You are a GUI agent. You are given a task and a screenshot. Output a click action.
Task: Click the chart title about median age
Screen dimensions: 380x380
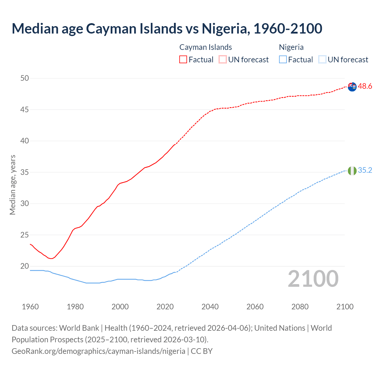(x=167, y=28)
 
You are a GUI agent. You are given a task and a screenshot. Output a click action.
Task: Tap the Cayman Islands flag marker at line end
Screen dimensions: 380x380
(x=352, y=87)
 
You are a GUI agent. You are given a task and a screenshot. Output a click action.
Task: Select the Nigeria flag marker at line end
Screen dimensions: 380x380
(x=352, y=171)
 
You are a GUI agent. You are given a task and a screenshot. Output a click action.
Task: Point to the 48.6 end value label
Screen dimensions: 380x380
(x=365, y=86)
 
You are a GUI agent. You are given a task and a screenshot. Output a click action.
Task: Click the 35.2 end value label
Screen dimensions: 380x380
(x=365, y=170)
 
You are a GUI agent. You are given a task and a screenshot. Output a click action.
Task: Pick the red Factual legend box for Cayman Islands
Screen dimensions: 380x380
(x=183, y=59)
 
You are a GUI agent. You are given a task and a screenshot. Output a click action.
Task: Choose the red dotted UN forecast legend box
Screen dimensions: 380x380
(x=223, y=59)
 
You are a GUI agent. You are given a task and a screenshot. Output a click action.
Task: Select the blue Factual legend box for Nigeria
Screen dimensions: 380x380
(x=283, y=59)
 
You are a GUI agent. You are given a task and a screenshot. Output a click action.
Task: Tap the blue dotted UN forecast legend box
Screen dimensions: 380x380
(x=322, y=59)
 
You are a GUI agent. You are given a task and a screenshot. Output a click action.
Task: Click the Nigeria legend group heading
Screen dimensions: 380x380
(x=291, y=47)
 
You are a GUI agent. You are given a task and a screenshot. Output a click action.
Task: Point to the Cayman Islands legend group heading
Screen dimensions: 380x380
(x=205, y=47)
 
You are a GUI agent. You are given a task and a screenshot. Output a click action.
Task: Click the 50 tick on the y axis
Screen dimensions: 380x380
(x=25, y=78)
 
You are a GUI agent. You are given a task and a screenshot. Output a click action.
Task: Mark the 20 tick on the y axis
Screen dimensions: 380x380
(x=25, y=266)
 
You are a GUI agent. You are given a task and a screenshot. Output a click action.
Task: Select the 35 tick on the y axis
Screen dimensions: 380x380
(x=25, y=172)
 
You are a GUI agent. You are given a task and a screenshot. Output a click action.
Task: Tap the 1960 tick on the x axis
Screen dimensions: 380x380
(x=30, y=307)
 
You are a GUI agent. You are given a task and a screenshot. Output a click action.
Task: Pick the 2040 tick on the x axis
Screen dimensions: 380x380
(x=210, y=307)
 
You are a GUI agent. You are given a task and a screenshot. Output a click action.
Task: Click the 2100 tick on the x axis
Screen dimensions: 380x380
(x=345, y=307)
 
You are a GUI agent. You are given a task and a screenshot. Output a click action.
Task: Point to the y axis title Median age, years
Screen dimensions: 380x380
(x=12, y=185)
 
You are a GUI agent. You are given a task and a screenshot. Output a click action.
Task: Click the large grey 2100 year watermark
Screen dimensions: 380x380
(x=313, y=279)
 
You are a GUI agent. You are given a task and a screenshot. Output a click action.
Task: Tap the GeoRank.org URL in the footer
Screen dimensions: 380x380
(x=98, y=351)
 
